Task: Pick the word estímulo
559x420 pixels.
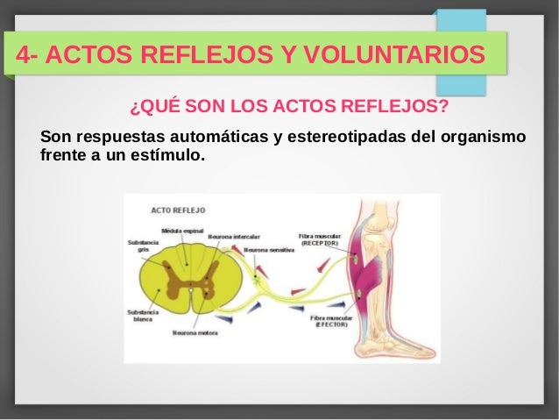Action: tap(172, 157)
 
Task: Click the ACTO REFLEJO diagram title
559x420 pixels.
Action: tap(179, 210)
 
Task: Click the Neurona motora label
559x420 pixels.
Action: tap(195, 332)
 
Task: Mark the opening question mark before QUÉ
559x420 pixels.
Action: tap(133, 108)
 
